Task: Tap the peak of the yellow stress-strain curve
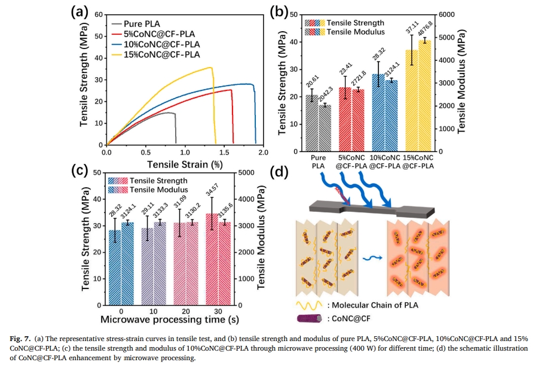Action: point(211,68)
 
